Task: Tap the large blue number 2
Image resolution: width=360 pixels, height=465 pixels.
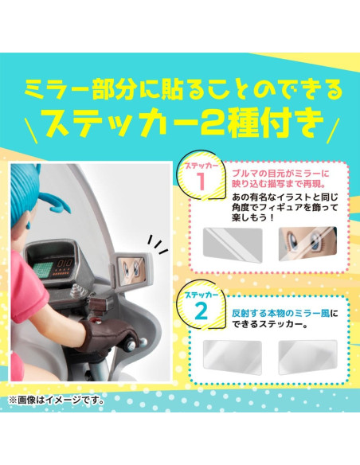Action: [x=202, y=311]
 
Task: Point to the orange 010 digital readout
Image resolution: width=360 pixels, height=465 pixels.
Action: [x=65, y=264]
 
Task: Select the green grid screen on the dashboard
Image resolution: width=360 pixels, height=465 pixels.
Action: [x=44, y=268]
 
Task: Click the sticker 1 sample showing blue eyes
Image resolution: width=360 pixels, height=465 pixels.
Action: [x=307, y=244]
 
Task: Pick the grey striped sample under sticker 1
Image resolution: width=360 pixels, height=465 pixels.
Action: [x=233, y=245]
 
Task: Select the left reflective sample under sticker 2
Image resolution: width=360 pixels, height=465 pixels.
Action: [x=233, y=358]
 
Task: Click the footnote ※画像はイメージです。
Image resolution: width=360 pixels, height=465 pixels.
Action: [x=57, y=401]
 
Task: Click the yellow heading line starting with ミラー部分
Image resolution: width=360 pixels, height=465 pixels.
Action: [x=183, y=88]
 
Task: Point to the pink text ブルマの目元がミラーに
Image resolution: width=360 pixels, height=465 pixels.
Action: [x=280, y=174]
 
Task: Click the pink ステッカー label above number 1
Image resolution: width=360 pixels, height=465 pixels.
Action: [x=201, y=166]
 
